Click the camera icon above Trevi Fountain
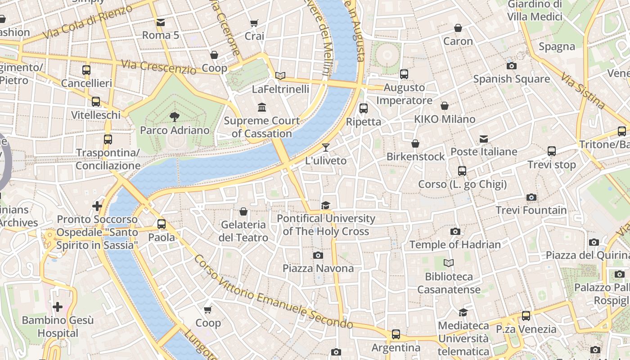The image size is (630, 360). pyautogui.click(x=531, y=197)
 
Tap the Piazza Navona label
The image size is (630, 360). pyautogui.click(x=318, y=269)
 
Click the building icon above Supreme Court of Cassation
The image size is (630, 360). pyautogui.click(x=262, y=107)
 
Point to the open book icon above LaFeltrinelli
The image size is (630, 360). pyautogui.click(x=280, y=76)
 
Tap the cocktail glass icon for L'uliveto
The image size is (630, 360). pyautogui.click(x=325, y=147)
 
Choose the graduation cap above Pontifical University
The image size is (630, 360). pyautogui.click(x=325, y=205)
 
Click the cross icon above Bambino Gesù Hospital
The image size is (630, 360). pyautogui.click(x=58, y=307)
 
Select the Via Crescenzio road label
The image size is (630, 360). pyautogui.click(x=159, y=66)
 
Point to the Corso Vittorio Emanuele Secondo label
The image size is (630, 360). pyautogui.click(x=273, y=292)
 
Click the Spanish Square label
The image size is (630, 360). pyautogui.click(x=511, y=79)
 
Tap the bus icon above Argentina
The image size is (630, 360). pyautogui.click(x=396, y=334)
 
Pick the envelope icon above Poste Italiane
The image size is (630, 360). pyautogui.click(x=484, y=139)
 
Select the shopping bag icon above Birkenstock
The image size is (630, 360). pyautogui.click(x=415, y=144)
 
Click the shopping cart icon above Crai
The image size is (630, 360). pyautogui.click(x=254, y=22)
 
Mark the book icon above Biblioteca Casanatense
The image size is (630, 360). pyautogui.click(x=449, y=263)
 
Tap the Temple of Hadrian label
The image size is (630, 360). pyautogui.click(x=455, y=244)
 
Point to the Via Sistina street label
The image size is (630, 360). pyautogui.click(x=583, y=90)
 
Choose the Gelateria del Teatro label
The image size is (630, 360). pyautogui.click(x=243, y=231)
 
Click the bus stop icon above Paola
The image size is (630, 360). pyautogui.click(x=162, y=224)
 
